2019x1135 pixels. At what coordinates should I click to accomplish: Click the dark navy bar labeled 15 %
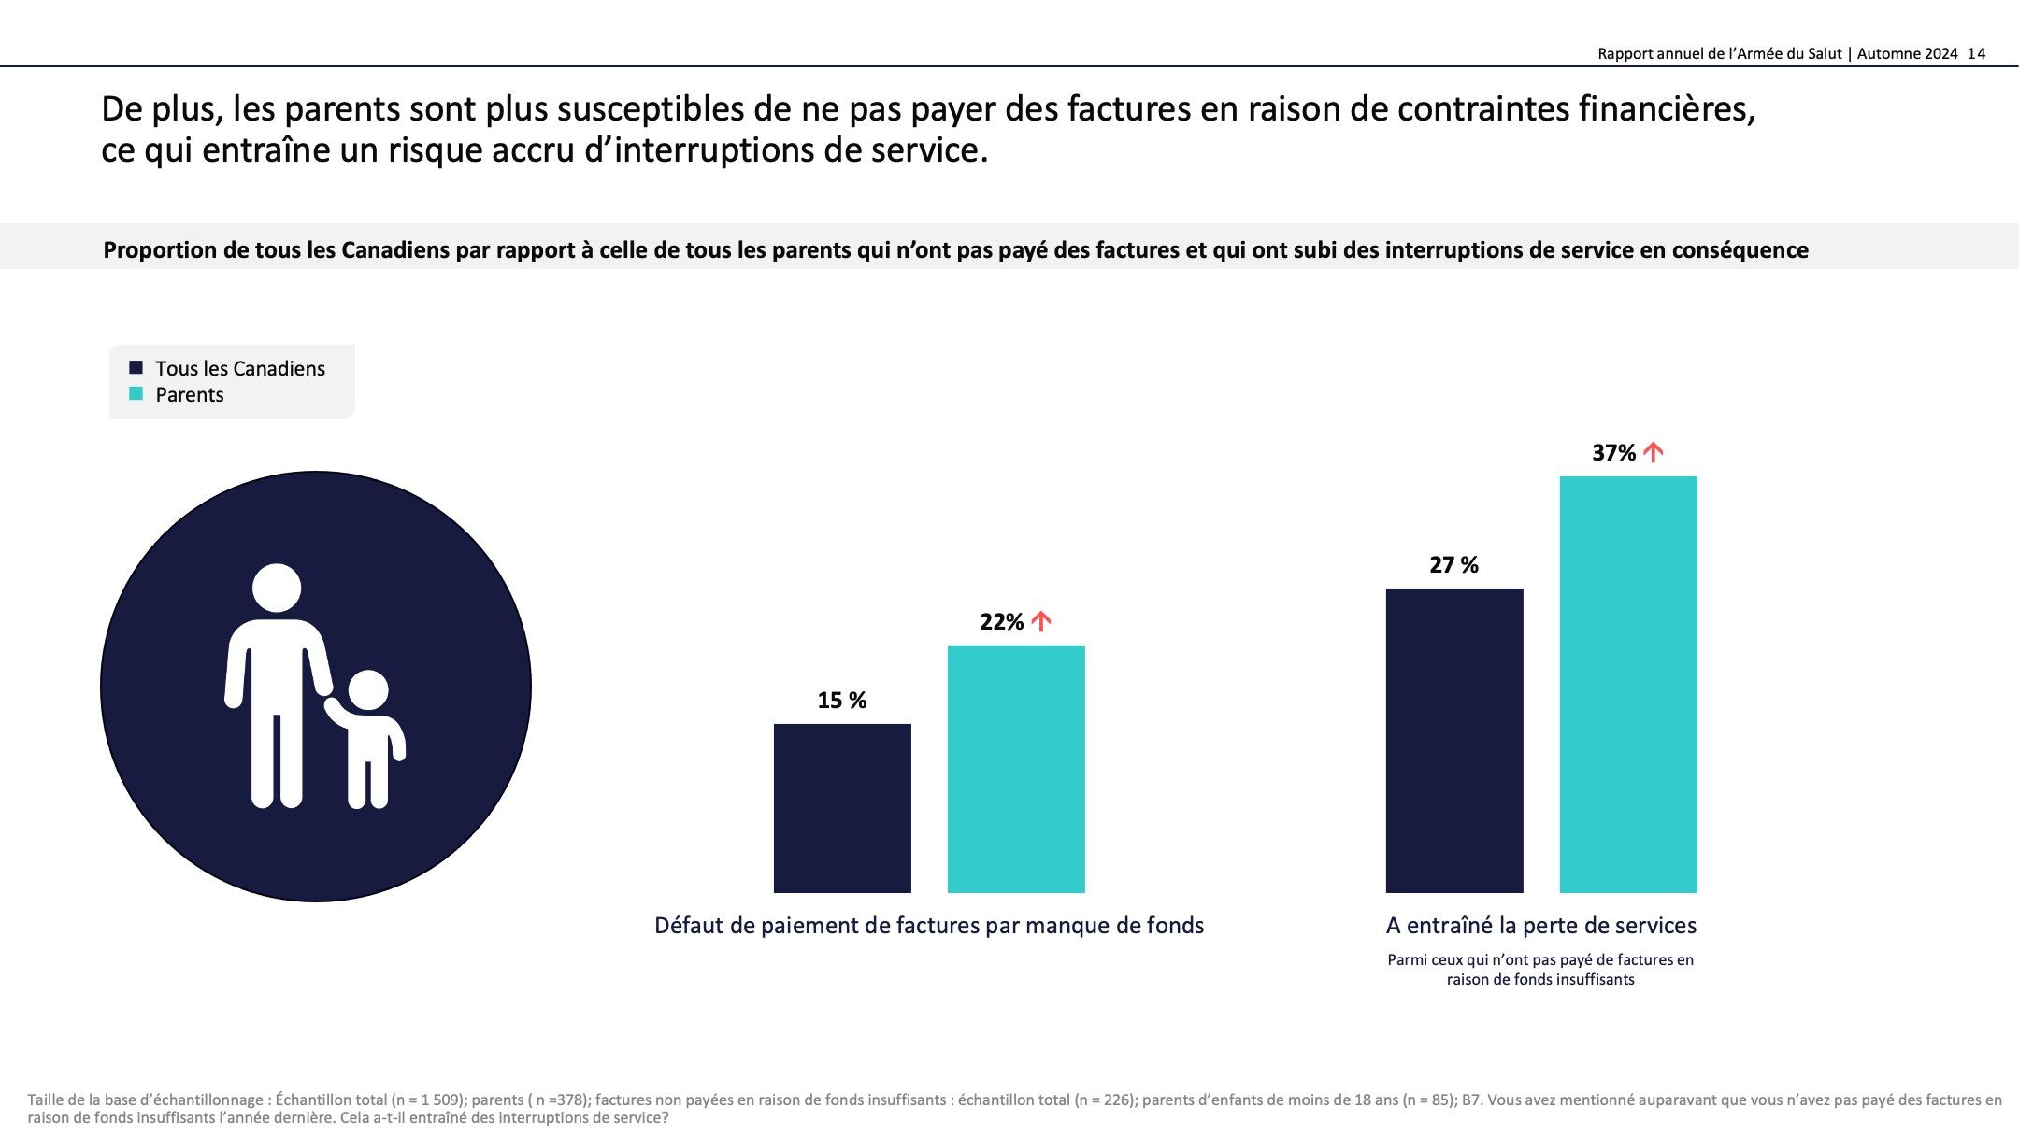(x=842, y=808)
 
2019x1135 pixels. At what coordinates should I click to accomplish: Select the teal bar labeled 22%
(x=1016, y=769)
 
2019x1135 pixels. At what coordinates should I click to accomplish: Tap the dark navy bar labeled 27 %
(x=1454, y=740)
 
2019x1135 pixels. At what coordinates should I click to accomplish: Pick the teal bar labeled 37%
(x=1628, y=684)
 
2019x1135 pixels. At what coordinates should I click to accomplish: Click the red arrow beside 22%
(x=1041, y=621)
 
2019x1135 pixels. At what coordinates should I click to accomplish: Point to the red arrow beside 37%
(x=1654, y=453)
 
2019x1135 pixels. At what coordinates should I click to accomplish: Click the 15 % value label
(x=842, y=701)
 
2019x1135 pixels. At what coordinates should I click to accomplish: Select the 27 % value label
(x=1454, y=565)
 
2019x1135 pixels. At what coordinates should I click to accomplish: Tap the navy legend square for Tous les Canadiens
(x=136, y=368)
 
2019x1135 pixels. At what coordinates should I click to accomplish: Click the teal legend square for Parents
(x=136, y=394)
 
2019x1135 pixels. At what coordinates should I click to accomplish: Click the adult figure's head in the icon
(x=277, y=589)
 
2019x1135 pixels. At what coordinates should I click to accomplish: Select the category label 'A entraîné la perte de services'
(x=1540, y=926)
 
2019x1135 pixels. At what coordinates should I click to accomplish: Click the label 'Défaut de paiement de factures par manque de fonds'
(x=929, y=926)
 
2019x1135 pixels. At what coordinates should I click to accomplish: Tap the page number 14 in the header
(x=1976, y=54)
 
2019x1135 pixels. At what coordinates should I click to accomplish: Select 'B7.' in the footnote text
(x=1471, y=1100)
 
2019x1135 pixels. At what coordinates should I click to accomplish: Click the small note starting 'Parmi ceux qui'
(x=1540, y=970)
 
